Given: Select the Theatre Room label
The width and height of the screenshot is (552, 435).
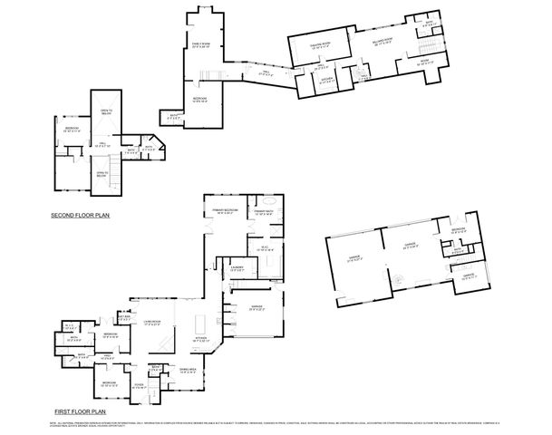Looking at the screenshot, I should click(x=319, y=45).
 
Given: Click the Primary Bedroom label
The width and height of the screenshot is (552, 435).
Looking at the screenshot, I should click(x=221, y=211).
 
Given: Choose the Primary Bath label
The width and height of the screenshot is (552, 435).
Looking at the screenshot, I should click(x=264, y=211).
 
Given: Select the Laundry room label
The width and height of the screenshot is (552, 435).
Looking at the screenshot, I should click(x=236, y=269).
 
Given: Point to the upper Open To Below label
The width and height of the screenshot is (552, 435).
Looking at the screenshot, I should click(x=107, y=111).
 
